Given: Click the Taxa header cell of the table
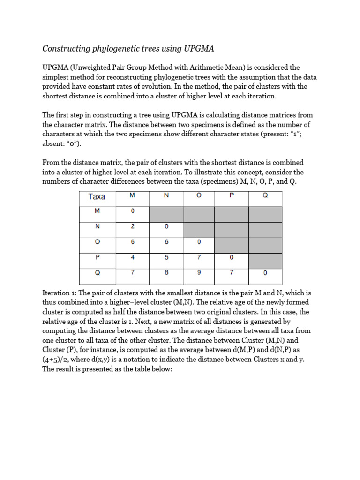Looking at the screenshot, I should [x=97, y=197].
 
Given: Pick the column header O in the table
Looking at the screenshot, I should [x=198, y=196].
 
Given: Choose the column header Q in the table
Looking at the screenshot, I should [x=265, y=196].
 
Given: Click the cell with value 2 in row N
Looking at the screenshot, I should [x=133, y=226].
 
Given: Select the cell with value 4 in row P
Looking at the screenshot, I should [x=133, y=257].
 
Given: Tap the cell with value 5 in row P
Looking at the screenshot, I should [x=166, y=257].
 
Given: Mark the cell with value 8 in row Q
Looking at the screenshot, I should [x=166, y=272].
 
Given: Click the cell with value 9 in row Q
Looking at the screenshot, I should [x=198, y=272].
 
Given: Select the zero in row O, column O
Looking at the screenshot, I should [x=198, y=241].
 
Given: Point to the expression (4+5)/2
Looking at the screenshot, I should [x=58, y=360].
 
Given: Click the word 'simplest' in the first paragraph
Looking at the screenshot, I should [x=56, y=77].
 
